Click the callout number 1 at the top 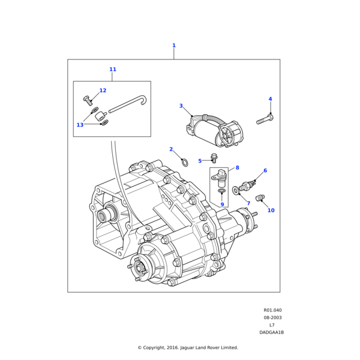(x=174, y=46)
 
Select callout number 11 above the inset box (x=113, y=70)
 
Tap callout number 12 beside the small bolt (x=103, y=91)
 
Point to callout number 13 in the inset (x=80, y=125)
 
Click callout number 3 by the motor (x=181, y=106)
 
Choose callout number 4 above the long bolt (x=270, y=99)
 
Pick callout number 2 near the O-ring (x=171, y=149)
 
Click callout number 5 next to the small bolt (x=217, y=178)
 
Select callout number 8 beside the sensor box (x=237, y=168)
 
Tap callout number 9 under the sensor (x=221, y=205)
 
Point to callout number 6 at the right (x=265, y=171)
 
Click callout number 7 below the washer (x=248, y=203)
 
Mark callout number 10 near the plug (x=271, y=211)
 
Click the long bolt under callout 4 (x=265, y=120)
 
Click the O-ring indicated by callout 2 (x=185, y=162)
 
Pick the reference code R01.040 (x=272, y=311)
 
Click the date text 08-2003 (x=272, y=318)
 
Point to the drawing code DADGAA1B (x=272, y=332)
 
